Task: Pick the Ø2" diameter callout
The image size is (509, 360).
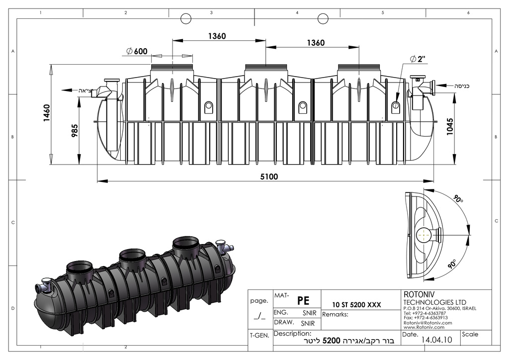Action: tap(419, 59)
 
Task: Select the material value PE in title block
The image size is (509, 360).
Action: tap(303, 300)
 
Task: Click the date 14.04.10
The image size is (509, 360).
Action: tap(436, 341)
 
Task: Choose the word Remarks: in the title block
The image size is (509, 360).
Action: tap(335, 314)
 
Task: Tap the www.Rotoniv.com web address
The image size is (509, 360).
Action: tap(424, 327)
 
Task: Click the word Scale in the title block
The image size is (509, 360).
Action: tap(470, 334)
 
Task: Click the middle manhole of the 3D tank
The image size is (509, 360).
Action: tap(133, 257)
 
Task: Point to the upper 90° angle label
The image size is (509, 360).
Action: tap(458, 199)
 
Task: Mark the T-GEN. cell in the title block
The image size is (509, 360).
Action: tap(259, 336)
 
